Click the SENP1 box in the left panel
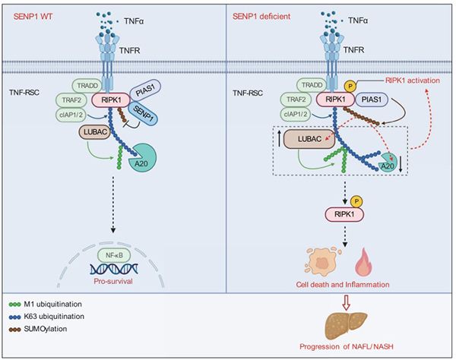click(x=144, y=113)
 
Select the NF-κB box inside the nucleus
click(x=114, y=255)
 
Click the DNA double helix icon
click(x=114, y=269)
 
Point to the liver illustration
click(x=346, y=325)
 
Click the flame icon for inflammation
click(x=364, y=262)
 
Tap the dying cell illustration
click(x=322, y=260)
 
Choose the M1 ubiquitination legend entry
click(x=46, y=305)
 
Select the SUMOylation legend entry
click(x=38, y=329)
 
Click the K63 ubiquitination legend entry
click(x=46, y=317)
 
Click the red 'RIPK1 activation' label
click(x=413, y=81)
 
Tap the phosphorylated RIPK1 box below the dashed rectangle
click(x=344, y=215)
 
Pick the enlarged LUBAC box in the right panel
click(x=309, y=139)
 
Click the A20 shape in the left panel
click(x=142, y=159)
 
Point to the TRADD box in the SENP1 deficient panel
click(x=312, y=85)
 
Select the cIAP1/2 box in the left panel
click(x=71, y=115)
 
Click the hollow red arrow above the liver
click(x=346, y=302)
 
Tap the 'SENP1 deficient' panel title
click(x=261, y=16)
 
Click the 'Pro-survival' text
click(x=113, y=281)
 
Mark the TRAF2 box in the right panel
click(x=296, y=99)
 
